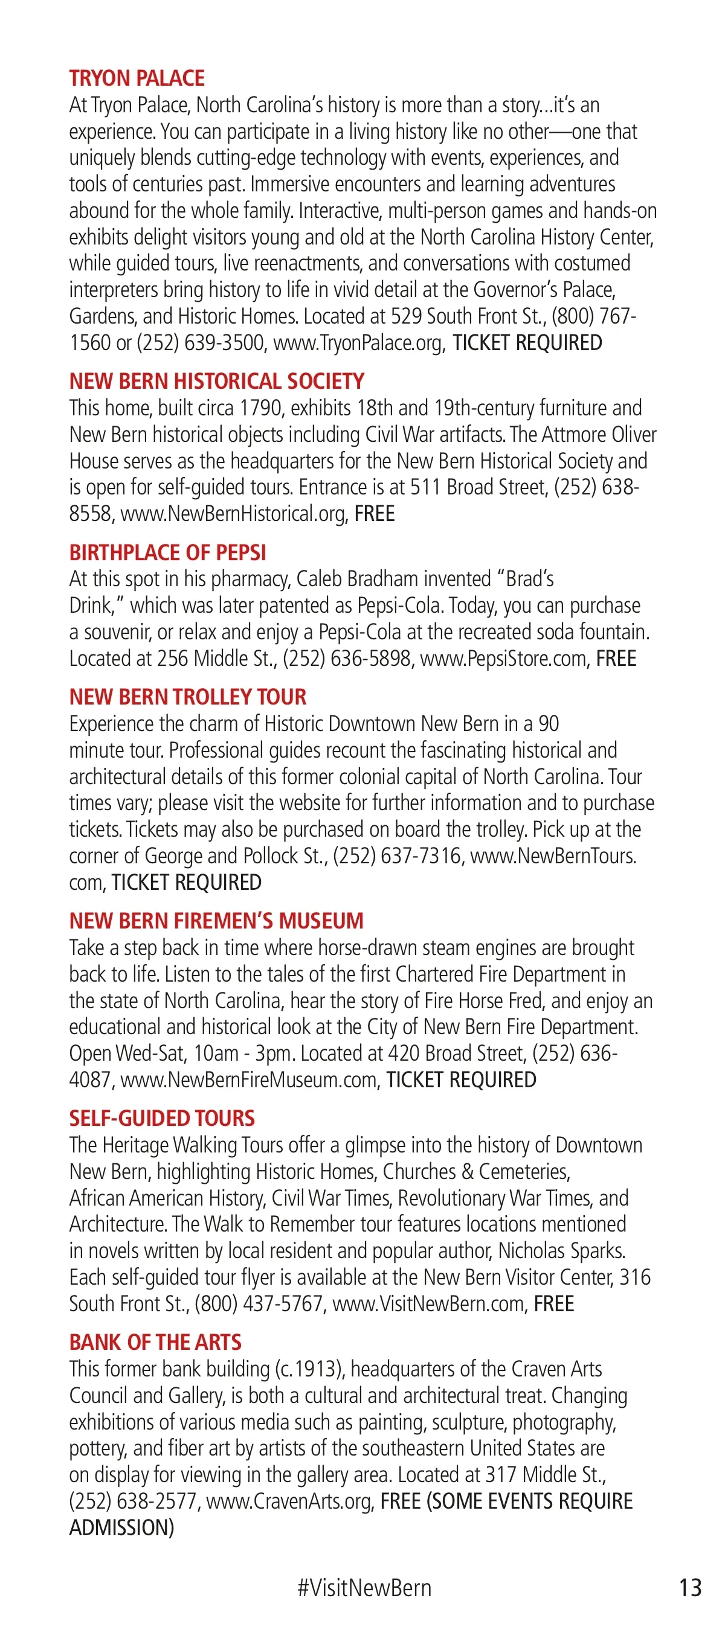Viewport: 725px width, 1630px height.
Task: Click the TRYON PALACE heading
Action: (137, 78)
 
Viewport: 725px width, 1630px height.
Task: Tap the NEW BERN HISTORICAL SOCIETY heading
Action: (216, 381)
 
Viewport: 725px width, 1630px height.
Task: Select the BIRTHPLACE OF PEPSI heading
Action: (167, 552)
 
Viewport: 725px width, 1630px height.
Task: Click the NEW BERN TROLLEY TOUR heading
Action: (187, 697)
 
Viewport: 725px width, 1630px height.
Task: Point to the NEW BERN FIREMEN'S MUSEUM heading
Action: (216, 921)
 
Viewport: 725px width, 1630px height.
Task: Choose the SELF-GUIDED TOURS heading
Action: (161, 1118)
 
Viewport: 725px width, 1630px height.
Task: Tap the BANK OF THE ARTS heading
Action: (155, 1342)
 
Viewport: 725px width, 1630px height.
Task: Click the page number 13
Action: (689, 1588)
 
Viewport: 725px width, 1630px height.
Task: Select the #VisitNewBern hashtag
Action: (364, 1588)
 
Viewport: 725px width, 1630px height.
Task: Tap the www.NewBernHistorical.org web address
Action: (234, 514)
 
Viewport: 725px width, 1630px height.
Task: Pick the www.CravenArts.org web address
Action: (289, 1501)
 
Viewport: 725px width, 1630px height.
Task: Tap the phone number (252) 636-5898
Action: (347, 659)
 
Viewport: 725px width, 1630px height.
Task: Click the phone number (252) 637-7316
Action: (398, 856)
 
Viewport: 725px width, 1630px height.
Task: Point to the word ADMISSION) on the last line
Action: (121, 1528)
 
